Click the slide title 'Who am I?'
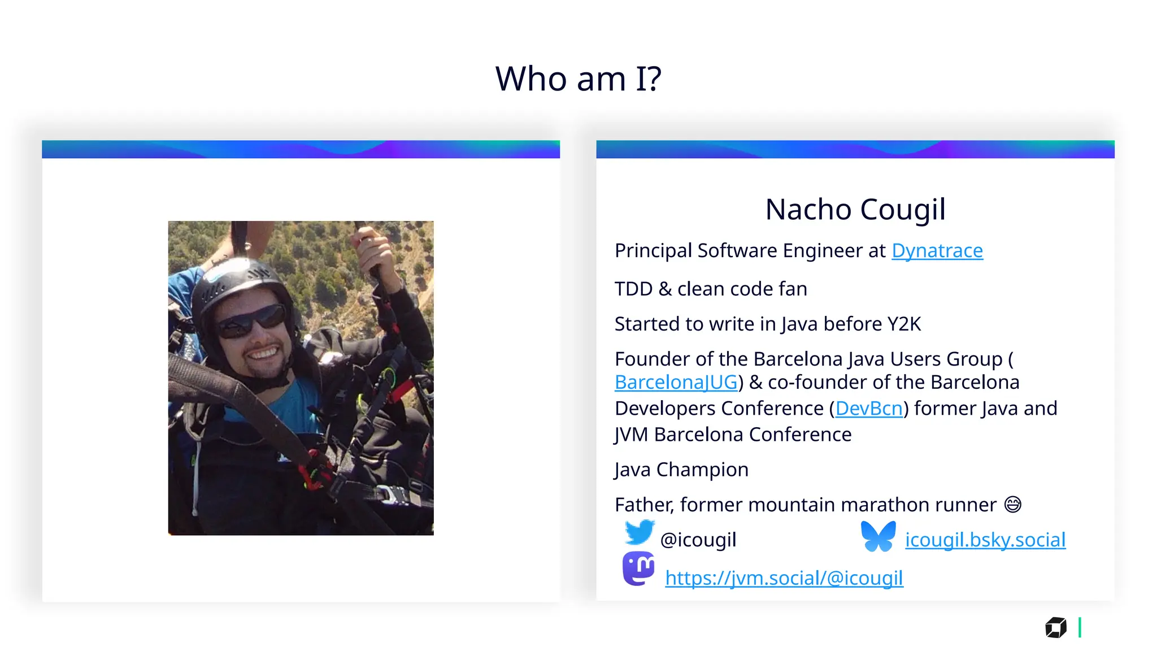tap(578, 79)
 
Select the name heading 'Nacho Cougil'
tap(855, 210)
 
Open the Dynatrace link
tap(937, 251)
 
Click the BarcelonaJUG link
tap(676, 383)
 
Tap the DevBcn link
tap(868, 409)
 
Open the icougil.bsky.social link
tap(985, 540)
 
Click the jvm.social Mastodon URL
tap(784, 578)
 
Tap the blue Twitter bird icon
tap(639, 533)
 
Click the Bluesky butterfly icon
tap(878, 536)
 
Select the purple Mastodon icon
tap(638, 568)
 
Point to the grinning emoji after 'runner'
tap(1012, 505)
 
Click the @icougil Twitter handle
tap(698, 540)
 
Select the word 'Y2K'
tap(903, 324)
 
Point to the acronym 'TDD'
tap(633, 289)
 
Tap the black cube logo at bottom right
tap(1055, 628)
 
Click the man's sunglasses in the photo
tap(251, 322)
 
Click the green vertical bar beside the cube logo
tap(1080, 628)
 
